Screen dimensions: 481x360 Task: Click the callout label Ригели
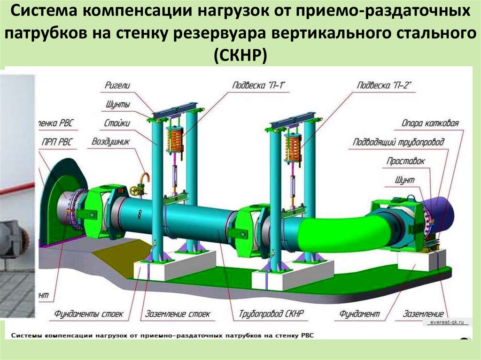click(x=117, y=85)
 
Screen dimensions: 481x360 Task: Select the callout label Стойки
click(x=117, y=123)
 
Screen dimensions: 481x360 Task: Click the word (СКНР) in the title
click(x=240, y=55)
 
